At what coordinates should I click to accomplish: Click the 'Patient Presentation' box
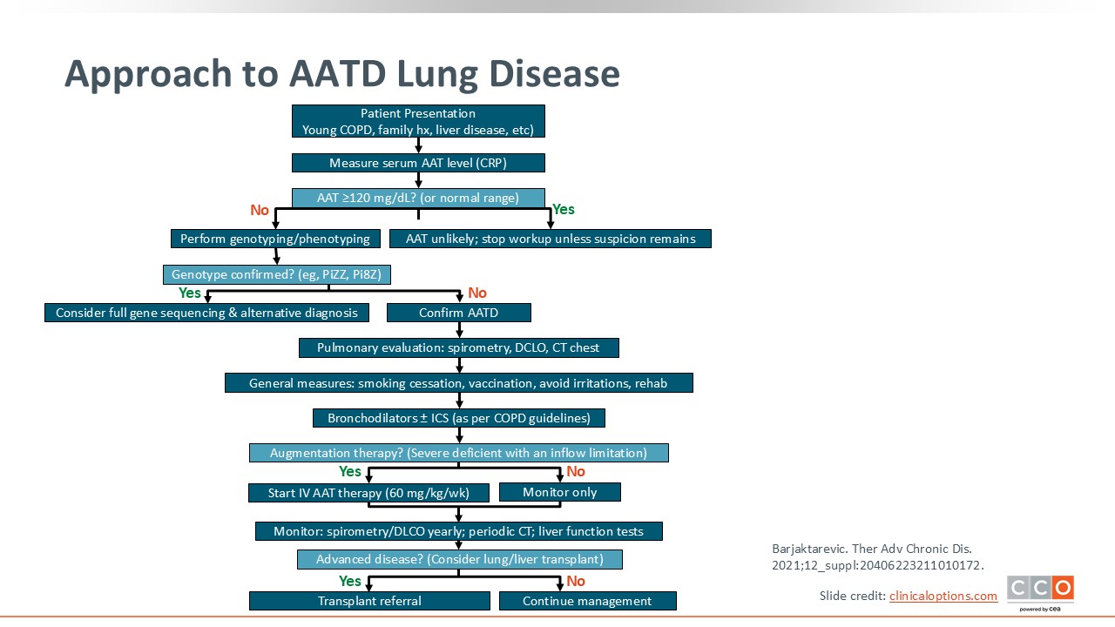418,121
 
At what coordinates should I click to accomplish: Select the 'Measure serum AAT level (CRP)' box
418,163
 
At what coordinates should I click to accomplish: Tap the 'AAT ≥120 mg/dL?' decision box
418,198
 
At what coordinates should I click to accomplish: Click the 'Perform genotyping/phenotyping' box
275,239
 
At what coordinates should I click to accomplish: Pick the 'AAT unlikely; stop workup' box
550,239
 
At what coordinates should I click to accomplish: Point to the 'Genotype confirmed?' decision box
277,274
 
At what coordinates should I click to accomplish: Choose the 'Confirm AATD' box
458,313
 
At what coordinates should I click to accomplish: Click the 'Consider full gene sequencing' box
206,313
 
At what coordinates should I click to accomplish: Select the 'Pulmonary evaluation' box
458,347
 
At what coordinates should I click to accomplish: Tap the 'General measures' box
458,382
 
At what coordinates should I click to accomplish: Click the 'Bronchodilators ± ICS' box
458,417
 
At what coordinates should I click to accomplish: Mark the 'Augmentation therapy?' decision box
458,452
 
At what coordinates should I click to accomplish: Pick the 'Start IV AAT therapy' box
368,493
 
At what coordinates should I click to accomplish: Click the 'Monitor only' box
559,492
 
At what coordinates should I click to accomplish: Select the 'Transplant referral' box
369,601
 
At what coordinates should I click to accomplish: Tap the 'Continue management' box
587,601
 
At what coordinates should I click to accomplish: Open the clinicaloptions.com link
943,596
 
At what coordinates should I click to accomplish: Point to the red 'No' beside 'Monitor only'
576,471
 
